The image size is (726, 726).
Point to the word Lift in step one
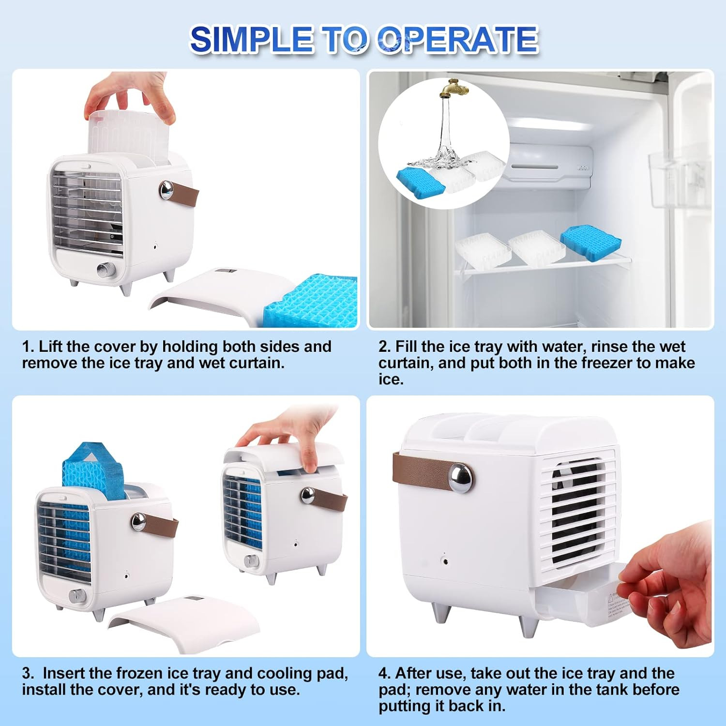51,347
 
